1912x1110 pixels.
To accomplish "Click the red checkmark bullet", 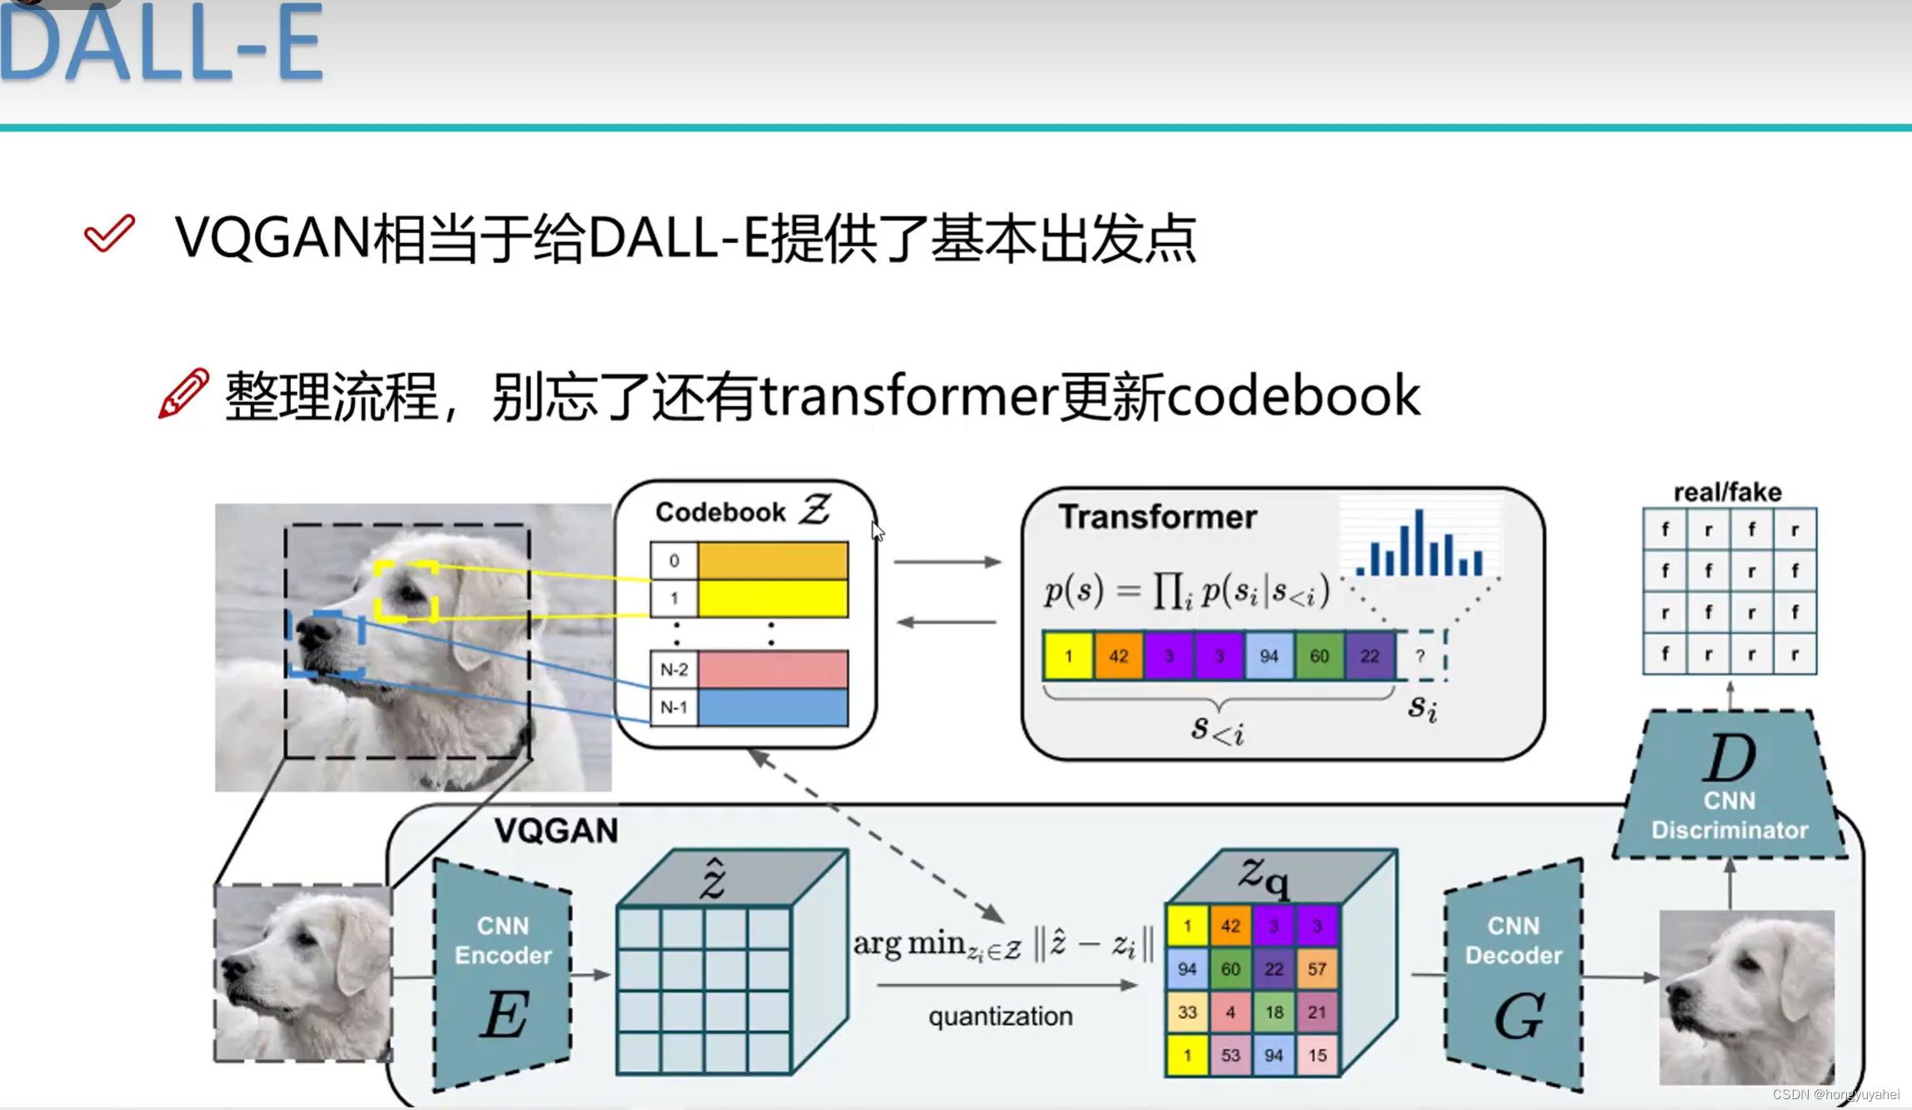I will (x=109, y=234).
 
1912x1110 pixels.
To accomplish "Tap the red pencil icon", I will (x=183, y=393).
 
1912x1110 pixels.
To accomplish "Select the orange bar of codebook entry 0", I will (x=772, y=560).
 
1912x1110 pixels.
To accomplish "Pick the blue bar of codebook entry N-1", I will (x=772, y=708).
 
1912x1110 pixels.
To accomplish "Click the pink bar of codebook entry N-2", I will (x=772, y=669).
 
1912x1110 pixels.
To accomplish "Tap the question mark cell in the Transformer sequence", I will (x=1420, y=656).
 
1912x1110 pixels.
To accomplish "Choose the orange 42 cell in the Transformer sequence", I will (x=1118, y=656).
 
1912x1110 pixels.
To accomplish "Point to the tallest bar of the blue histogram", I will (x=1418, y=543).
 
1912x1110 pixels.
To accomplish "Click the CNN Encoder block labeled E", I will (x=502, y=974).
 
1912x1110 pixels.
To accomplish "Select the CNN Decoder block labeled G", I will (x=1514, y=974).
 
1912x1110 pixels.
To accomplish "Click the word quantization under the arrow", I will (x=1000, y=1017).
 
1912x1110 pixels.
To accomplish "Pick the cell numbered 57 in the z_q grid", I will (x=1316, y=969).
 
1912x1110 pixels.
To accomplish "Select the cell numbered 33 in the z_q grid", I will (x=1187, y=1013).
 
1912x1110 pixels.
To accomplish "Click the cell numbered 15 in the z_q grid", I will (x=1316, y=1056).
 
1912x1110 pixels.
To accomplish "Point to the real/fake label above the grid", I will (x=1728, y=492).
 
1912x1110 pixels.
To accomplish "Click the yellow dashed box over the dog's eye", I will (x=406, y=591).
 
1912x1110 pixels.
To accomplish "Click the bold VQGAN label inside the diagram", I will (x=556, y=830).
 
